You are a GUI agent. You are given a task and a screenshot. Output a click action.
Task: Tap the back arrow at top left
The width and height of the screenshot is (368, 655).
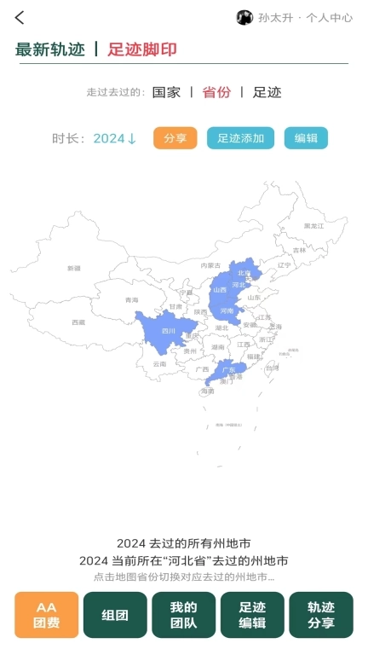(20, 18)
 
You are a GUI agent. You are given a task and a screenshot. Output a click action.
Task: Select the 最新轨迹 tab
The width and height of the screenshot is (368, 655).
(50, 49)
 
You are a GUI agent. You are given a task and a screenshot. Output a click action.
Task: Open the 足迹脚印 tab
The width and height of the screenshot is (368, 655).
(142, 49)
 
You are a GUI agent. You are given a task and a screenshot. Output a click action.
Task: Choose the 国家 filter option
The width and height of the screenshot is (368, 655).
(166, 92)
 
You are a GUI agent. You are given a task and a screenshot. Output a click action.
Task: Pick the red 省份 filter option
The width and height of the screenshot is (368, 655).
(216, 92)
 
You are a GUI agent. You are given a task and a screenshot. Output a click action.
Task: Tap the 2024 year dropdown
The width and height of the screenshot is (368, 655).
(115, 138)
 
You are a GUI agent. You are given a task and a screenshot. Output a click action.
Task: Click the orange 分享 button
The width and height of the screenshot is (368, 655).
(175, 138)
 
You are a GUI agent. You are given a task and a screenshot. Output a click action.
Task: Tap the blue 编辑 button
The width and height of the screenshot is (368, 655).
(306, 138)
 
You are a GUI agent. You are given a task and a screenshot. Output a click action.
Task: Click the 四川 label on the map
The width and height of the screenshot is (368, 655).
(169, 330)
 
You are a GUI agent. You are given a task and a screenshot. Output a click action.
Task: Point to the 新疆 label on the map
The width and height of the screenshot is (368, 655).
(74, 268)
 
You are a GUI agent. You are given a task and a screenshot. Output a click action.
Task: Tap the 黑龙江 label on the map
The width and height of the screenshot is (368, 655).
(313, 226)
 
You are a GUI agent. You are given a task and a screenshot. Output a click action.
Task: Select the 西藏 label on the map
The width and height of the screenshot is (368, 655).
(78, 322)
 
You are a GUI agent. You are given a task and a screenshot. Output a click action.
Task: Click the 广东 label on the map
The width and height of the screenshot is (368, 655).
(228, 370)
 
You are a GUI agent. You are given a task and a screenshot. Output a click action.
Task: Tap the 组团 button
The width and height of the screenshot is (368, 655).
(115, 615)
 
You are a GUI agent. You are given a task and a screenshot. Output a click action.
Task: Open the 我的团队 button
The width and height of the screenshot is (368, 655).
(183, 615)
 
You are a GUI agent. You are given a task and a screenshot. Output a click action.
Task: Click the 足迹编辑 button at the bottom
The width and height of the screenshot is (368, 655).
(252, 615)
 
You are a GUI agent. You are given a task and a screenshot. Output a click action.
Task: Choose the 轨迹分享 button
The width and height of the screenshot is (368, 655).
(320, 615)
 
